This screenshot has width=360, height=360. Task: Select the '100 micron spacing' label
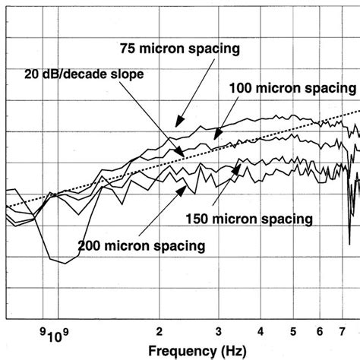point(288,88)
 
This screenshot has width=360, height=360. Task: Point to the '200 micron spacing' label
point(141,245)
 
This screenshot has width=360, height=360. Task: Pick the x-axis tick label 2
point(159,331)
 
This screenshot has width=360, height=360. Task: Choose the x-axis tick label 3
point(218,331)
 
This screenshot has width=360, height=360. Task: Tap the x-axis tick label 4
point(261,331)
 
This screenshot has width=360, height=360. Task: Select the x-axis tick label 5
point(293,331)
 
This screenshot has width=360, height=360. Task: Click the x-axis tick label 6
point(320,331)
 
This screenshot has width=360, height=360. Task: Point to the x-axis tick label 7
point(343,331)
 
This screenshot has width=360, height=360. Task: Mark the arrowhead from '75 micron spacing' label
point(177,125)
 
